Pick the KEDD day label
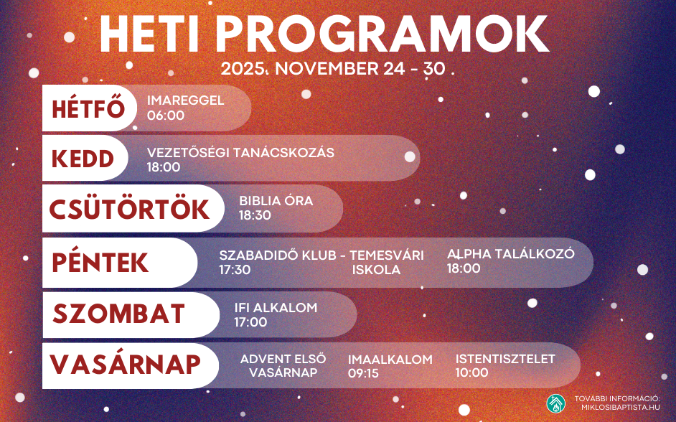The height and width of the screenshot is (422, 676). pos(83,159)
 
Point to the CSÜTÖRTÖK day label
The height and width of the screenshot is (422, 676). pos(129,209)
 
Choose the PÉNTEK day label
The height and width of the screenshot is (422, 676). pos(100,263)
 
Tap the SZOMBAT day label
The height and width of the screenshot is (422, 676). pos(118,314)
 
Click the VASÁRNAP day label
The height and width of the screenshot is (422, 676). pos(125,365)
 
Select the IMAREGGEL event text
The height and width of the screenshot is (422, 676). pos(186,100)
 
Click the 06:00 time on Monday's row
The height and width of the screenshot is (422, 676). pos(166,115)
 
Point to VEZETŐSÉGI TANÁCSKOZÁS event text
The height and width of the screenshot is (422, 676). pos(240,153)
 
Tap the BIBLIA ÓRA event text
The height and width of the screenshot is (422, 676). pos(276,201)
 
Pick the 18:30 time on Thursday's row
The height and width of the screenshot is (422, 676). pos(255,215)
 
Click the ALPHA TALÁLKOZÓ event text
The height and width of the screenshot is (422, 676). pos(511,254)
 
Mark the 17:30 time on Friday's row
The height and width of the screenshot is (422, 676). pos(235,270)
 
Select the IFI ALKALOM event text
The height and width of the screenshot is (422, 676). pos(276,308)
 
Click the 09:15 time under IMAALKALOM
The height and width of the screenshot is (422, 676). pos(363,373)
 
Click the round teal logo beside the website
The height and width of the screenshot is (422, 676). pos(555,403)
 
